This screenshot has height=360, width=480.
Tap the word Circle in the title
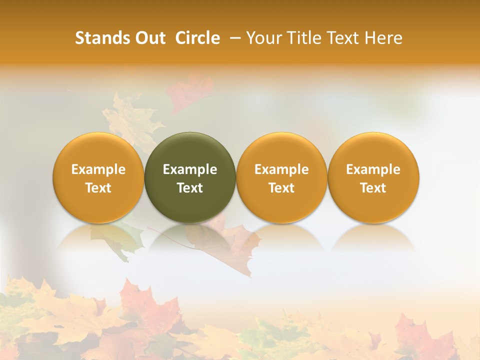[x=197, y=38]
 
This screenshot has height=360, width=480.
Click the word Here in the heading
[x=383, y=38]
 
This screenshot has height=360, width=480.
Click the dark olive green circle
[x=190, y=177]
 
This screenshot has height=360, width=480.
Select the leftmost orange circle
[x=98, y=177]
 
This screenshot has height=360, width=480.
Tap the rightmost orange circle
[x=373, y=177]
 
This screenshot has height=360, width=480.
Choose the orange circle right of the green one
[x=281, y=177]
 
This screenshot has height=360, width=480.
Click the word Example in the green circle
[x=190, y=169]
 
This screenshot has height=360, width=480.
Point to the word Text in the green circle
[x=190, y=188]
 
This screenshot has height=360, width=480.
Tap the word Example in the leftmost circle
[x=98, y=169]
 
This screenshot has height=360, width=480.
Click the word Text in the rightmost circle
[x=373, y=188]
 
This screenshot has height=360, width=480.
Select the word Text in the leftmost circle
[x=98, y=188]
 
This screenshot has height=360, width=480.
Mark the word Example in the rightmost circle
[x=373, y=169]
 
